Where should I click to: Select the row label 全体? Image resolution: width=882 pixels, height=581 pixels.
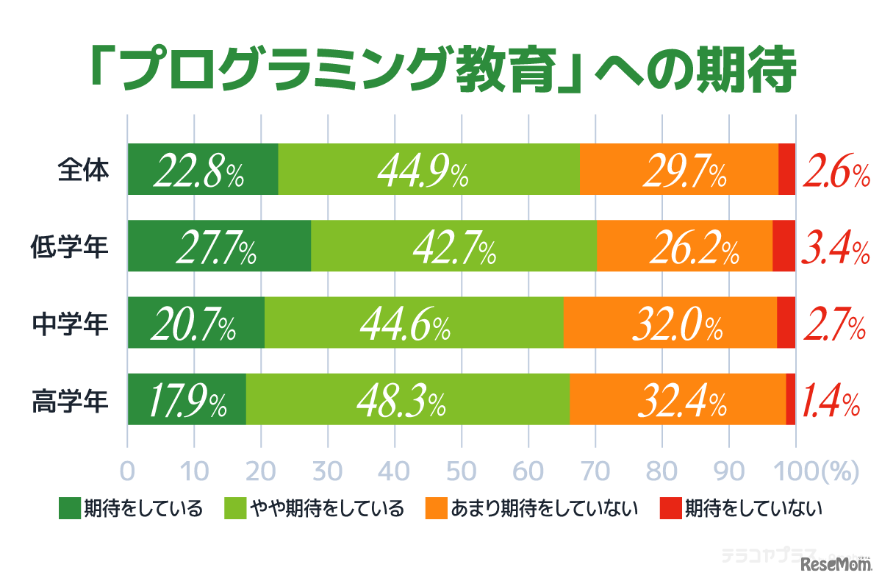pos(83,170)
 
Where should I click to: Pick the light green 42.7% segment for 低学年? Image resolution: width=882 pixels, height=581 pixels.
pos(453,248)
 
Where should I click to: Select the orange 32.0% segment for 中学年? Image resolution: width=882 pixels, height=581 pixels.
pos(670,325)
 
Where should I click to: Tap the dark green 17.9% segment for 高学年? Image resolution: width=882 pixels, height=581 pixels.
pos(187,402)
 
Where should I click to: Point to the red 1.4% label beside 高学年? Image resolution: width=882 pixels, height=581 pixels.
pos(831,402)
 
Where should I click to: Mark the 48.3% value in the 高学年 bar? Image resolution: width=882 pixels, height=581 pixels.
pos(401,402)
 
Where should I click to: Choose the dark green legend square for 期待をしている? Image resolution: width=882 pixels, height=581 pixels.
pos(68,508)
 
